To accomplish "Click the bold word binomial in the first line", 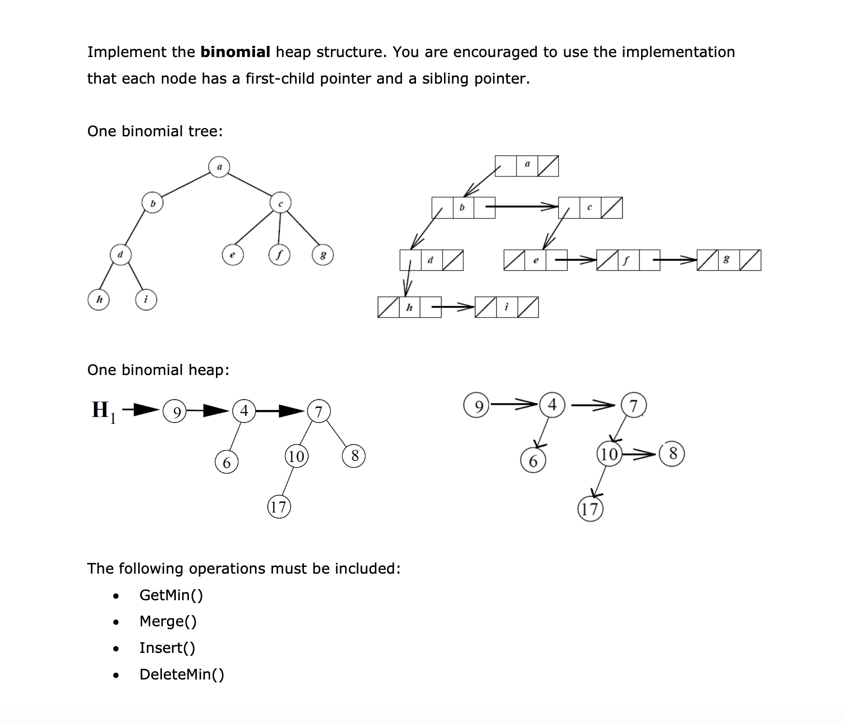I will (235, 52).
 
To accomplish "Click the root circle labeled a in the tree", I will (219, 167).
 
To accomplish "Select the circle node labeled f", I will (279, 255).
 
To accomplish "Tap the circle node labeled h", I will (99, 300).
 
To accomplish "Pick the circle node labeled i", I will (146, 300).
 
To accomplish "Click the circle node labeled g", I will (323, 255).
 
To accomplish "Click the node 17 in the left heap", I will (279, 507).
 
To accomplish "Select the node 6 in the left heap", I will (227, 462).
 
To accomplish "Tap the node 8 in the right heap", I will (672, 453).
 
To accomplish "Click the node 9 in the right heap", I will (477, 405).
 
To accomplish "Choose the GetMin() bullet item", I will (171, 595).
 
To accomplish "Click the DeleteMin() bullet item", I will (182, 674).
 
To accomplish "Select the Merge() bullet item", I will (168, 621).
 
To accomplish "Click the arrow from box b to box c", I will (522, 207).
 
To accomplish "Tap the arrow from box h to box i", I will (453, 306).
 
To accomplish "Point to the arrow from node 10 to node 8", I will (639, 454).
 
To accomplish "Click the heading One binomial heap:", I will (158, 370).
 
